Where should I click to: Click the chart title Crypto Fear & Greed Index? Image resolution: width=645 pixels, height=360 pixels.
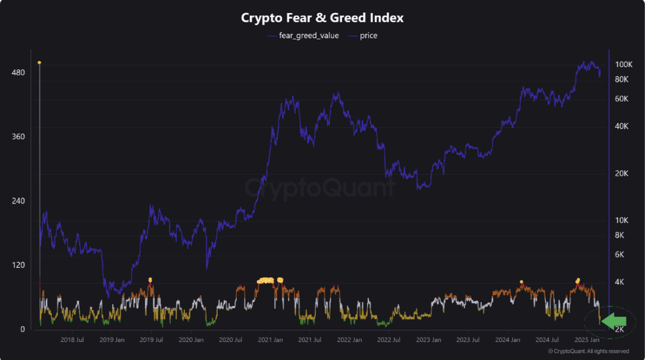pyautogui.click(x=322, y=17)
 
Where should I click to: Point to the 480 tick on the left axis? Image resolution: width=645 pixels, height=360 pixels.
pyautogui.click(x=19, y=73)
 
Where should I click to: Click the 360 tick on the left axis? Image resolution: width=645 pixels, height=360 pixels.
pyautogui.click(x=19, y=136)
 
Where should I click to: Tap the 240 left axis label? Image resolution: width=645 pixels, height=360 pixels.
pyautogui.click(x=19, y=201)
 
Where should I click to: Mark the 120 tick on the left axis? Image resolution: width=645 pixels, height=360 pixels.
pyautogui.click(x=19, y=265)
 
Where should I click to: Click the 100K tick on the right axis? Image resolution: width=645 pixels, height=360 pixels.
pyautogui.click(x=624, y=64)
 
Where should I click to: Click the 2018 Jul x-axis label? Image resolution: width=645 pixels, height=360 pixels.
pyautogui.click(x=72, y=340)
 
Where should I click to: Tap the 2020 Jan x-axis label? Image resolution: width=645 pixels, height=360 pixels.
pyautogui.click(x=192, y=340)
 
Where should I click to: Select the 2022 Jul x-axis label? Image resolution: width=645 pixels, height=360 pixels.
pyautogui.click(x=389, y=340)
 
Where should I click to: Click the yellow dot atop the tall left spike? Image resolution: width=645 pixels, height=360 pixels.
pyautogui.click(x=39, y=63)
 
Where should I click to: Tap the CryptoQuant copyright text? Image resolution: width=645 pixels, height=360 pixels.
pyautogui.click(x=588, y=351)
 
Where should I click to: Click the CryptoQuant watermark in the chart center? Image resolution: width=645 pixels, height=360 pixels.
pyautogui.click(x=319, y=188)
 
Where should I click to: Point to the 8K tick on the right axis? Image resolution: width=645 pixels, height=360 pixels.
pyautogui.click(x=622, y=235)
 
